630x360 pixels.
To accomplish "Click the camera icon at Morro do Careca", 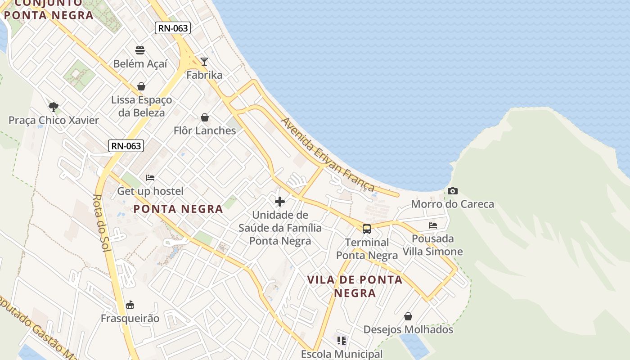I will [453, 191].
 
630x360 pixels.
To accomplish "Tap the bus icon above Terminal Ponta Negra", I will [367, 229].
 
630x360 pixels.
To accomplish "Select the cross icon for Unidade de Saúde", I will [280, 202].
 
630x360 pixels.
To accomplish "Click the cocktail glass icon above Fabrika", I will [204, 62].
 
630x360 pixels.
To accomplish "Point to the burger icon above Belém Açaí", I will [140, 50].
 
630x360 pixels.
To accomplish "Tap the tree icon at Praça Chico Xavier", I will [54, 107].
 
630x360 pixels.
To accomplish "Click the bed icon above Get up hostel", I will [150, 178].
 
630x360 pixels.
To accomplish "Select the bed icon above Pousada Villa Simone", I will [433, 225].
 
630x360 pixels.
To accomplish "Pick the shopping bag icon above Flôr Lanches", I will [205, 117].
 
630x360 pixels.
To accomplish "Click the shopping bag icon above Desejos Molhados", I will [408, 316].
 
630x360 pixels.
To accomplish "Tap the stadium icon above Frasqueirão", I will [130, 305].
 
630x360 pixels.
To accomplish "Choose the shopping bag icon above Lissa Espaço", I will [141, 86].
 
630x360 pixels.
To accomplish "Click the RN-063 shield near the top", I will [173, 28].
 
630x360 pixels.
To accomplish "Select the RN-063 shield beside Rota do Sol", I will [126, 146].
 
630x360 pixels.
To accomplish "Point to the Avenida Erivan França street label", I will [328, 154].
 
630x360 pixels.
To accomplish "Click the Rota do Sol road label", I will [102, 223].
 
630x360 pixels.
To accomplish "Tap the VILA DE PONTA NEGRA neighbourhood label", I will [355, 286].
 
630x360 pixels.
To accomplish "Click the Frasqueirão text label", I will [130, 319].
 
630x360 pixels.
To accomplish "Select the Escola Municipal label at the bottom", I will [342, 354].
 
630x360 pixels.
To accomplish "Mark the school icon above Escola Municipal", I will [342, 341].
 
